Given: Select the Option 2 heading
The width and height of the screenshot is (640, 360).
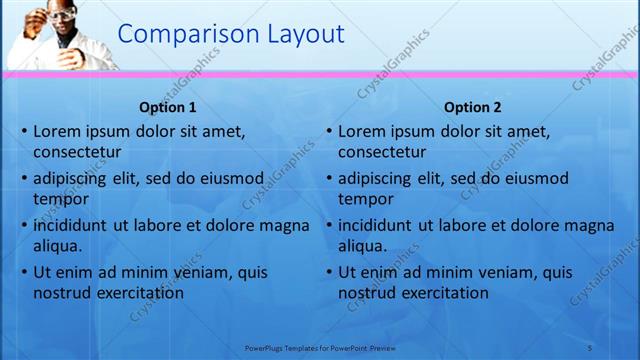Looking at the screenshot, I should tap(473, 107).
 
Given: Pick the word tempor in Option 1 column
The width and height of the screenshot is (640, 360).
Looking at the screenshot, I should tap(57, 199).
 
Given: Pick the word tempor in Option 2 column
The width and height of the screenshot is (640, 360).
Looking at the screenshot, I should tap(362, 199).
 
